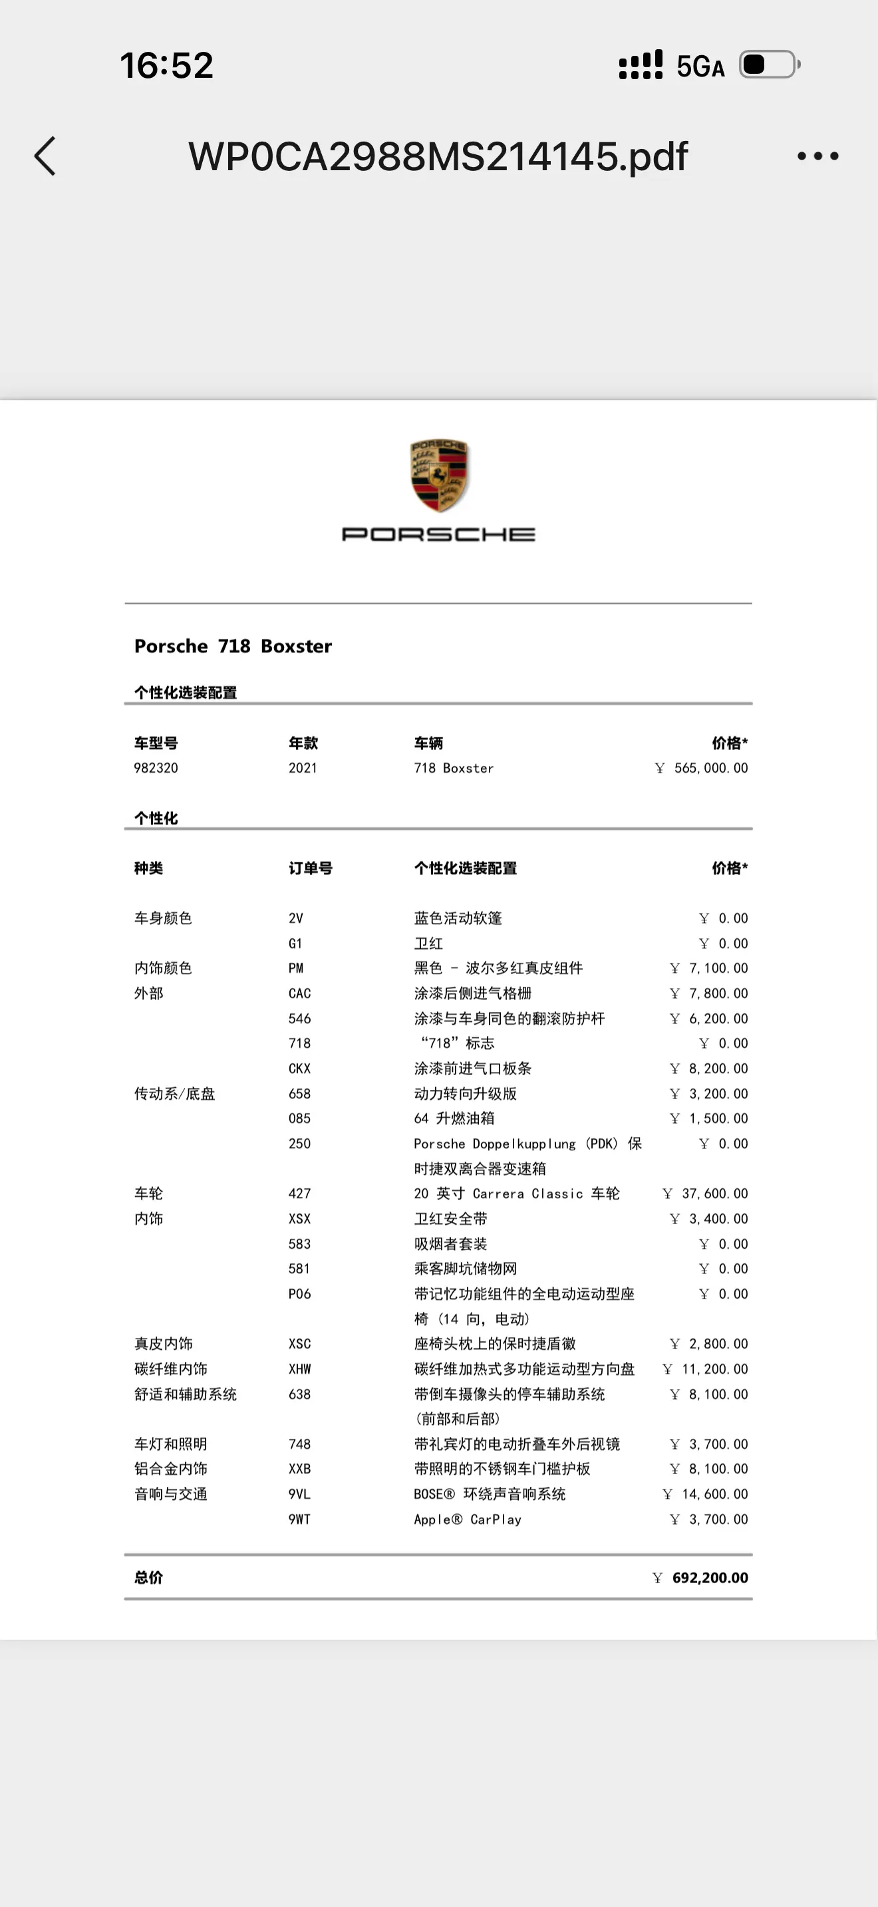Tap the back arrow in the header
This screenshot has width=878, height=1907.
[x=45, y=156]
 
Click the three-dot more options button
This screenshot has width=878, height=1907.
[x=817, y=156]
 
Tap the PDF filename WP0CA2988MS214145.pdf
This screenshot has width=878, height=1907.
[x=438, y=156]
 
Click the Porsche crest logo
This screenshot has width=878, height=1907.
[x=439, y=475]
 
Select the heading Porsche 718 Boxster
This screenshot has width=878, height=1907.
[x=232, y=646]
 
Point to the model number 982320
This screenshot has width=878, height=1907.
[x=156, y=768]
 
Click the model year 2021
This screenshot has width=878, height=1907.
[x=302, y=768]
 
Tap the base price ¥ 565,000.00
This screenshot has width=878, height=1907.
[x=702, y=768]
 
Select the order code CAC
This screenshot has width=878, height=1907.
[x=299, y=993]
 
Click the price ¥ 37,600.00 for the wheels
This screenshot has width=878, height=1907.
[x=706, y=1194]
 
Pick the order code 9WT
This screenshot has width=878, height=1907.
[x=299, y=1519]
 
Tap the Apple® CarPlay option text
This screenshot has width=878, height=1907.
[x=467, y=1519]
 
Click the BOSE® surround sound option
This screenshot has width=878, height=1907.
[x=490, y=1494]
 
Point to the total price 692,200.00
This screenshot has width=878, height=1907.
[x=709, y=1578]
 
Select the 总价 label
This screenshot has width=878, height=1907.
[x=148, y=1578]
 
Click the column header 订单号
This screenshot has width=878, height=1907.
[x=310, y=868]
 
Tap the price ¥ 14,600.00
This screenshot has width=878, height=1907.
[x=706, y=1494]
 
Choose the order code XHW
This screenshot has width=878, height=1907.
[x=299, y=1369]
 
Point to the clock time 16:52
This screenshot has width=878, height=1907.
[x=166, y=65]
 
